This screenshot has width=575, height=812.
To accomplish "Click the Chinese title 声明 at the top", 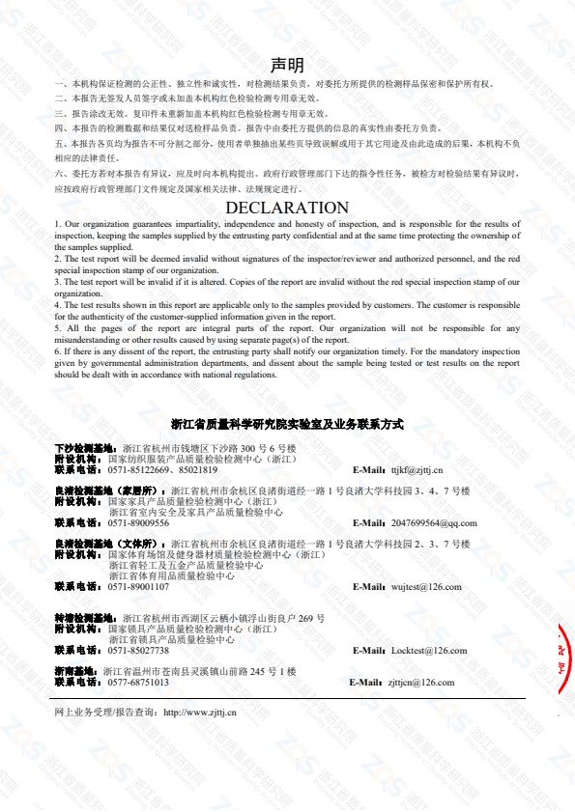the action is click(x=287, y=66).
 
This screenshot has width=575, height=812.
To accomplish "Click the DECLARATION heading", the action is click(x=287, y=208).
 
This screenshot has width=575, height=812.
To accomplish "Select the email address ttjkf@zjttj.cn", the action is click(x=417, y=470).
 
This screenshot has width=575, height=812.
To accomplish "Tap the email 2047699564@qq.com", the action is click(x=434, y=522).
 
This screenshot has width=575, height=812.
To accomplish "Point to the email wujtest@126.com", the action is click(x=426, y=586).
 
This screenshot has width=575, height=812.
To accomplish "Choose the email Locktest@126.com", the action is click(x=428, y=650).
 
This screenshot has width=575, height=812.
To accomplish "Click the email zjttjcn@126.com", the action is click(x=420, y=682).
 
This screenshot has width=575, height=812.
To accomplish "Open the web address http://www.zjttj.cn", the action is click(x=201, y=712).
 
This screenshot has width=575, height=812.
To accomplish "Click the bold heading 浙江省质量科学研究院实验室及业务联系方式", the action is click(x=287, y=424).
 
